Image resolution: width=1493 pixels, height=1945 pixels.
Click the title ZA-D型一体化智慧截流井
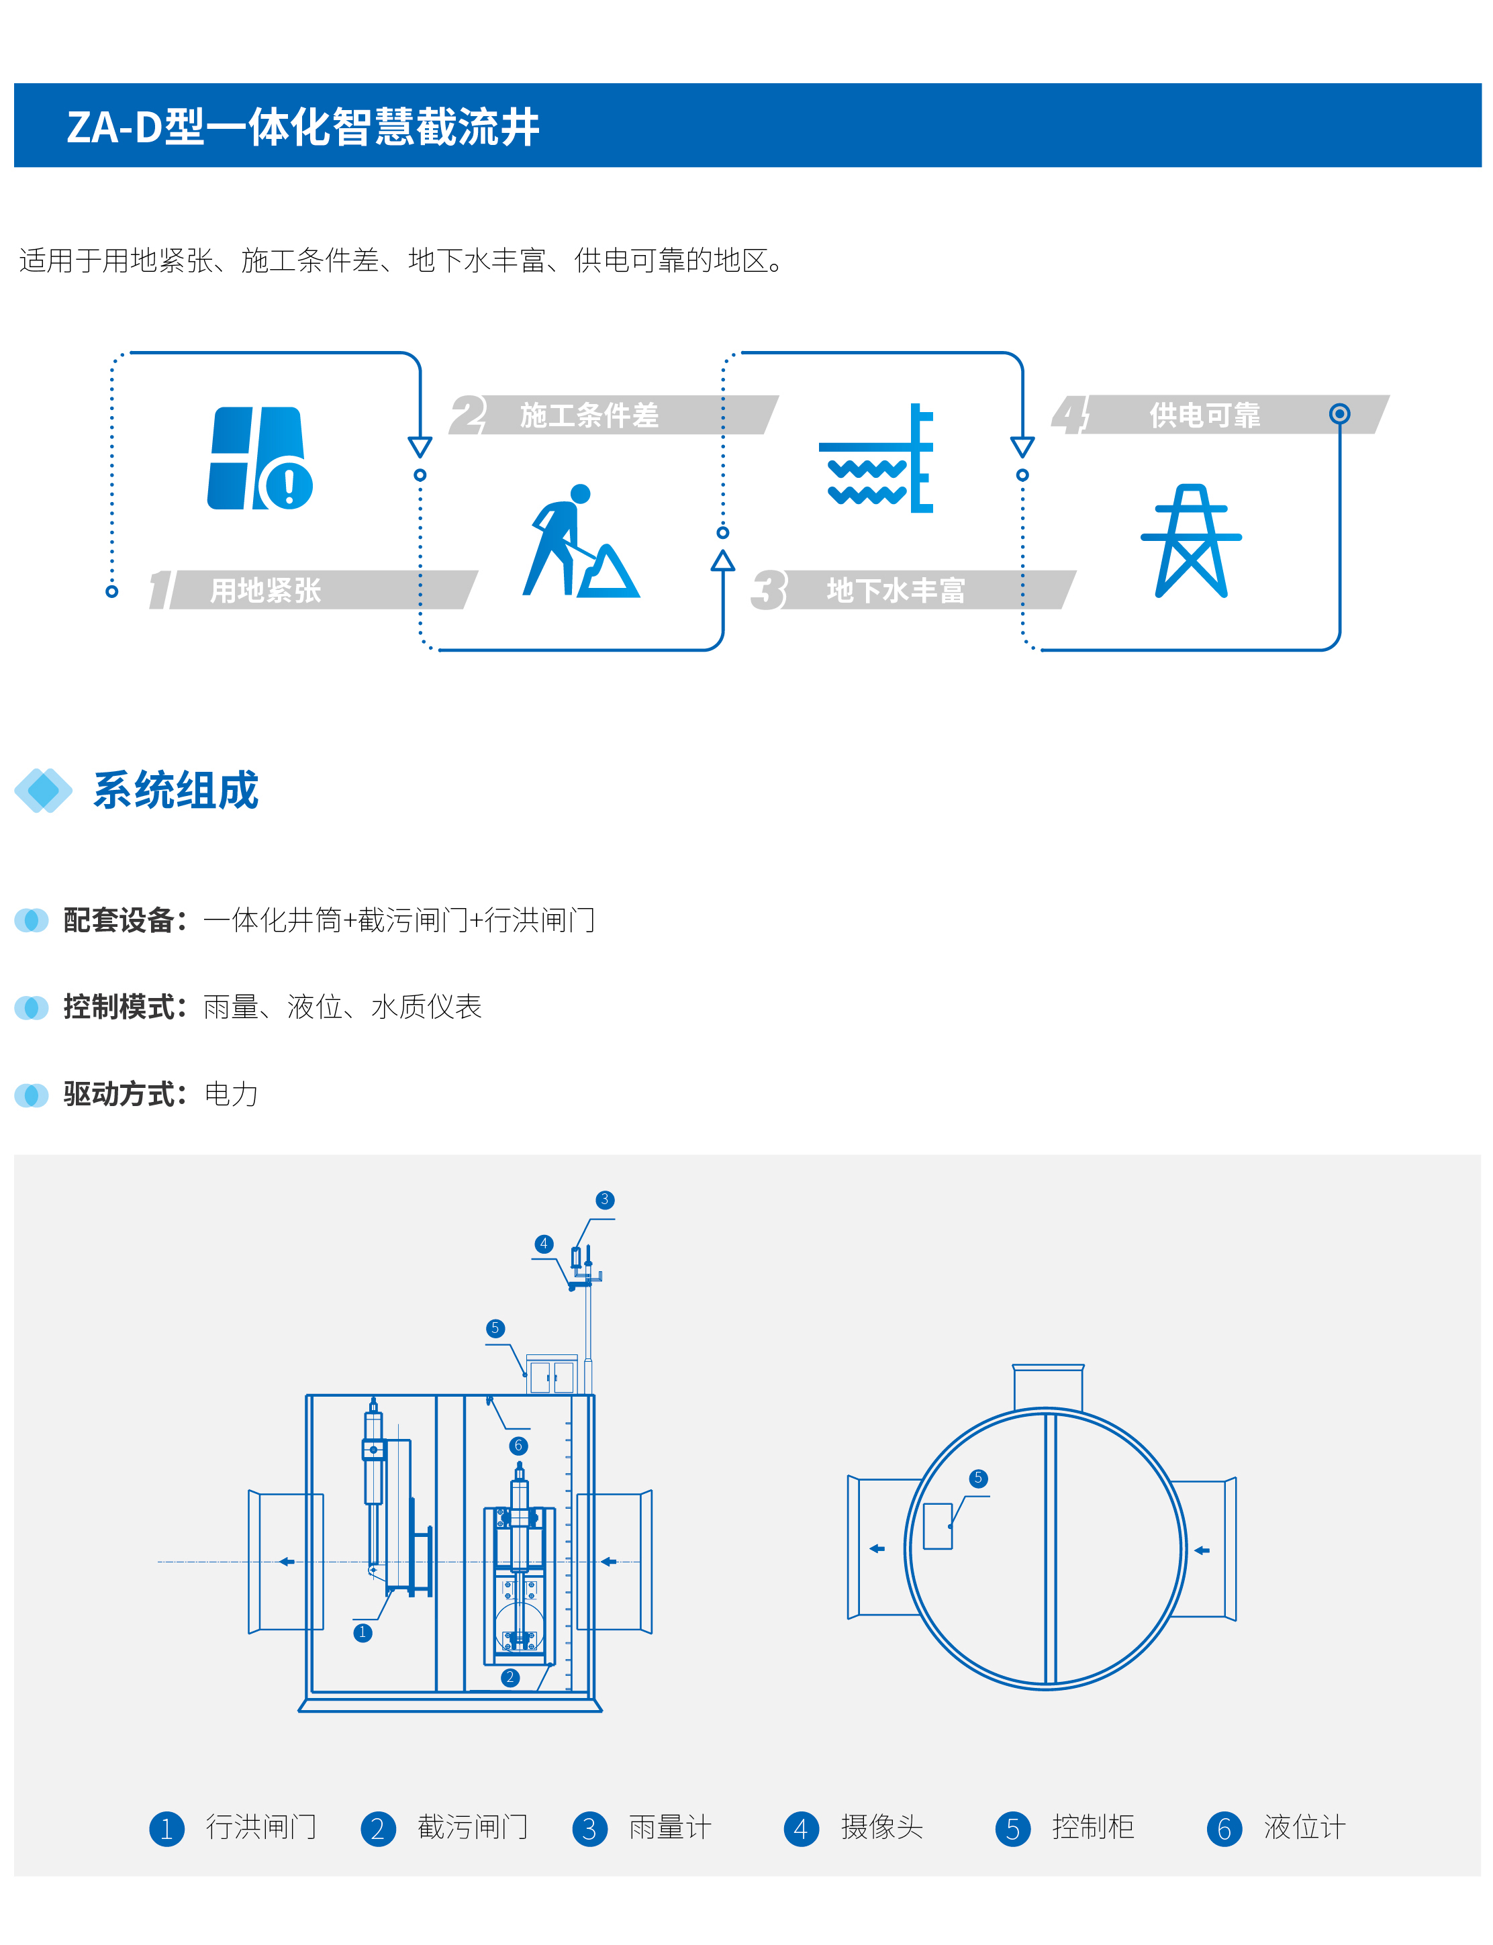[303, 127]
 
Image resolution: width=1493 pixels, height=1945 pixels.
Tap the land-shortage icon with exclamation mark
[260, 458]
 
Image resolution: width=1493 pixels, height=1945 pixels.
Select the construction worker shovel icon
[580, 540]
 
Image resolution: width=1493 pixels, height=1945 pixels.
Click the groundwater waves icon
[876, 458]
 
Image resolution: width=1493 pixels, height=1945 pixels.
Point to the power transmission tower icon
[1191, 540]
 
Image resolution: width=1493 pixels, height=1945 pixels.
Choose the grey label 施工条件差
[589, 415]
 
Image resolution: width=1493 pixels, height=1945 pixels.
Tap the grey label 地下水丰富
[896, 590]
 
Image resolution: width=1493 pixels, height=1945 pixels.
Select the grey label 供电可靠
[1205, 415]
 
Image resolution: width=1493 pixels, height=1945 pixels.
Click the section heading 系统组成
[176, 790]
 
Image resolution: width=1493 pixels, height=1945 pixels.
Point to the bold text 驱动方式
[118, 1094]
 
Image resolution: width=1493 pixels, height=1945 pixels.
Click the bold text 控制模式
[118, 1007]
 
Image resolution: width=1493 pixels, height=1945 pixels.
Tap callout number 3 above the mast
[604, 1199]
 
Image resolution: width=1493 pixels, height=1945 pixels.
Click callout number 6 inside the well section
[518, 1446]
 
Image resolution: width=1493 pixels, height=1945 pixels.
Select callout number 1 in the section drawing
[363, 1632]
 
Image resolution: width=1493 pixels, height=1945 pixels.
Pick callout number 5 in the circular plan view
[977, 1478]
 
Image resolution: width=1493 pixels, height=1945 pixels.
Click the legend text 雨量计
[670, 1828]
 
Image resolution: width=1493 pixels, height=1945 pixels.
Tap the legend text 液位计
[1304, 1828]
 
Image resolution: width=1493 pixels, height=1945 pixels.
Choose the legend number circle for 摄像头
[801, 1829]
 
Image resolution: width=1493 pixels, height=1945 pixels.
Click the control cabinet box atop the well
[552, 1375]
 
